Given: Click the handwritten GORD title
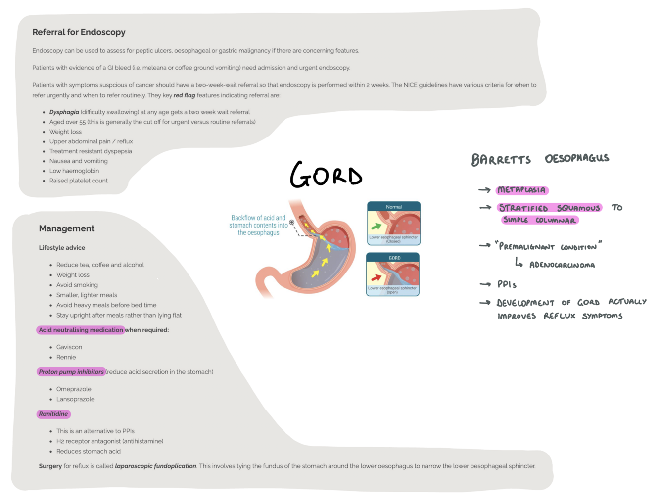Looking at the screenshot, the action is click(326, 175).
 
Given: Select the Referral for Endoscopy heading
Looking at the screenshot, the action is click(79, 32).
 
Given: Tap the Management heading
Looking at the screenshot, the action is click(66, 228).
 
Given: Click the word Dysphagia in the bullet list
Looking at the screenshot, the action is click(64, 112).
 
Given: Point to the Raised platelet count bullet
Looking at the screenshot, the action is click(78, 181).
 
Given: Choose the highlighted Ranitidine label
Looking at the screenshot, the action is click(53, 414).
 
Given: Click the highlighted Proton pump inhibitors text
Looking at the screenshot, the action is click(71, 372).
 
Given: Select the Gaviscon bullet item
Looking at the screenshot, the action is click(69, 347).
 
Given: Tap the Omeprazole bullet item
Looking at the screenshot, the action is click(74, 389).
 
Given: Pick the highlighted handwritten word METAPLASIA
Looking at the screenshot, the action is click(522, 190).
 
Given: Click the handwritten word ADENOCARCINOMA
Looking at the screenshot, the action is click(562, 265).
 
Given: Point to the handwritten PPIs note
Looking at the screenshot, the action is click(507, 284).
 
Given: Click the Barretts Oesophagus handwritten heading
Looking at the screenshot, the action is click(540, 159).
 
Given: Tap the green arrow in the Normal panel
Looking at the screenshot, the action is click(377, 226).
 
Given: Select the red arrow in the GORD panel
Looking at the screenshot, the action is click(377, 277).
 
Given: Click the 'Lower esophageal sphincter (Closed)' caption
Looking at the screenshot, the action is click(393, 239).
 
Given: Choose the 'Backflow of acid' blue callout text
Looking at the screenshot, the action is click(258, 225).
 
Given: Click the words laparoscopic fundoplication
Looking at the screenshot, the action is click(155, 466).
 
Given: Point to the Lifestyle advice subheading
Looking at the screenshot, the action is click(62, 248).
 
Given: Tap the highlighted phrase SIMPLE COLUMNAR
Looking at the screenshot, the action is click(539, 220).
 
